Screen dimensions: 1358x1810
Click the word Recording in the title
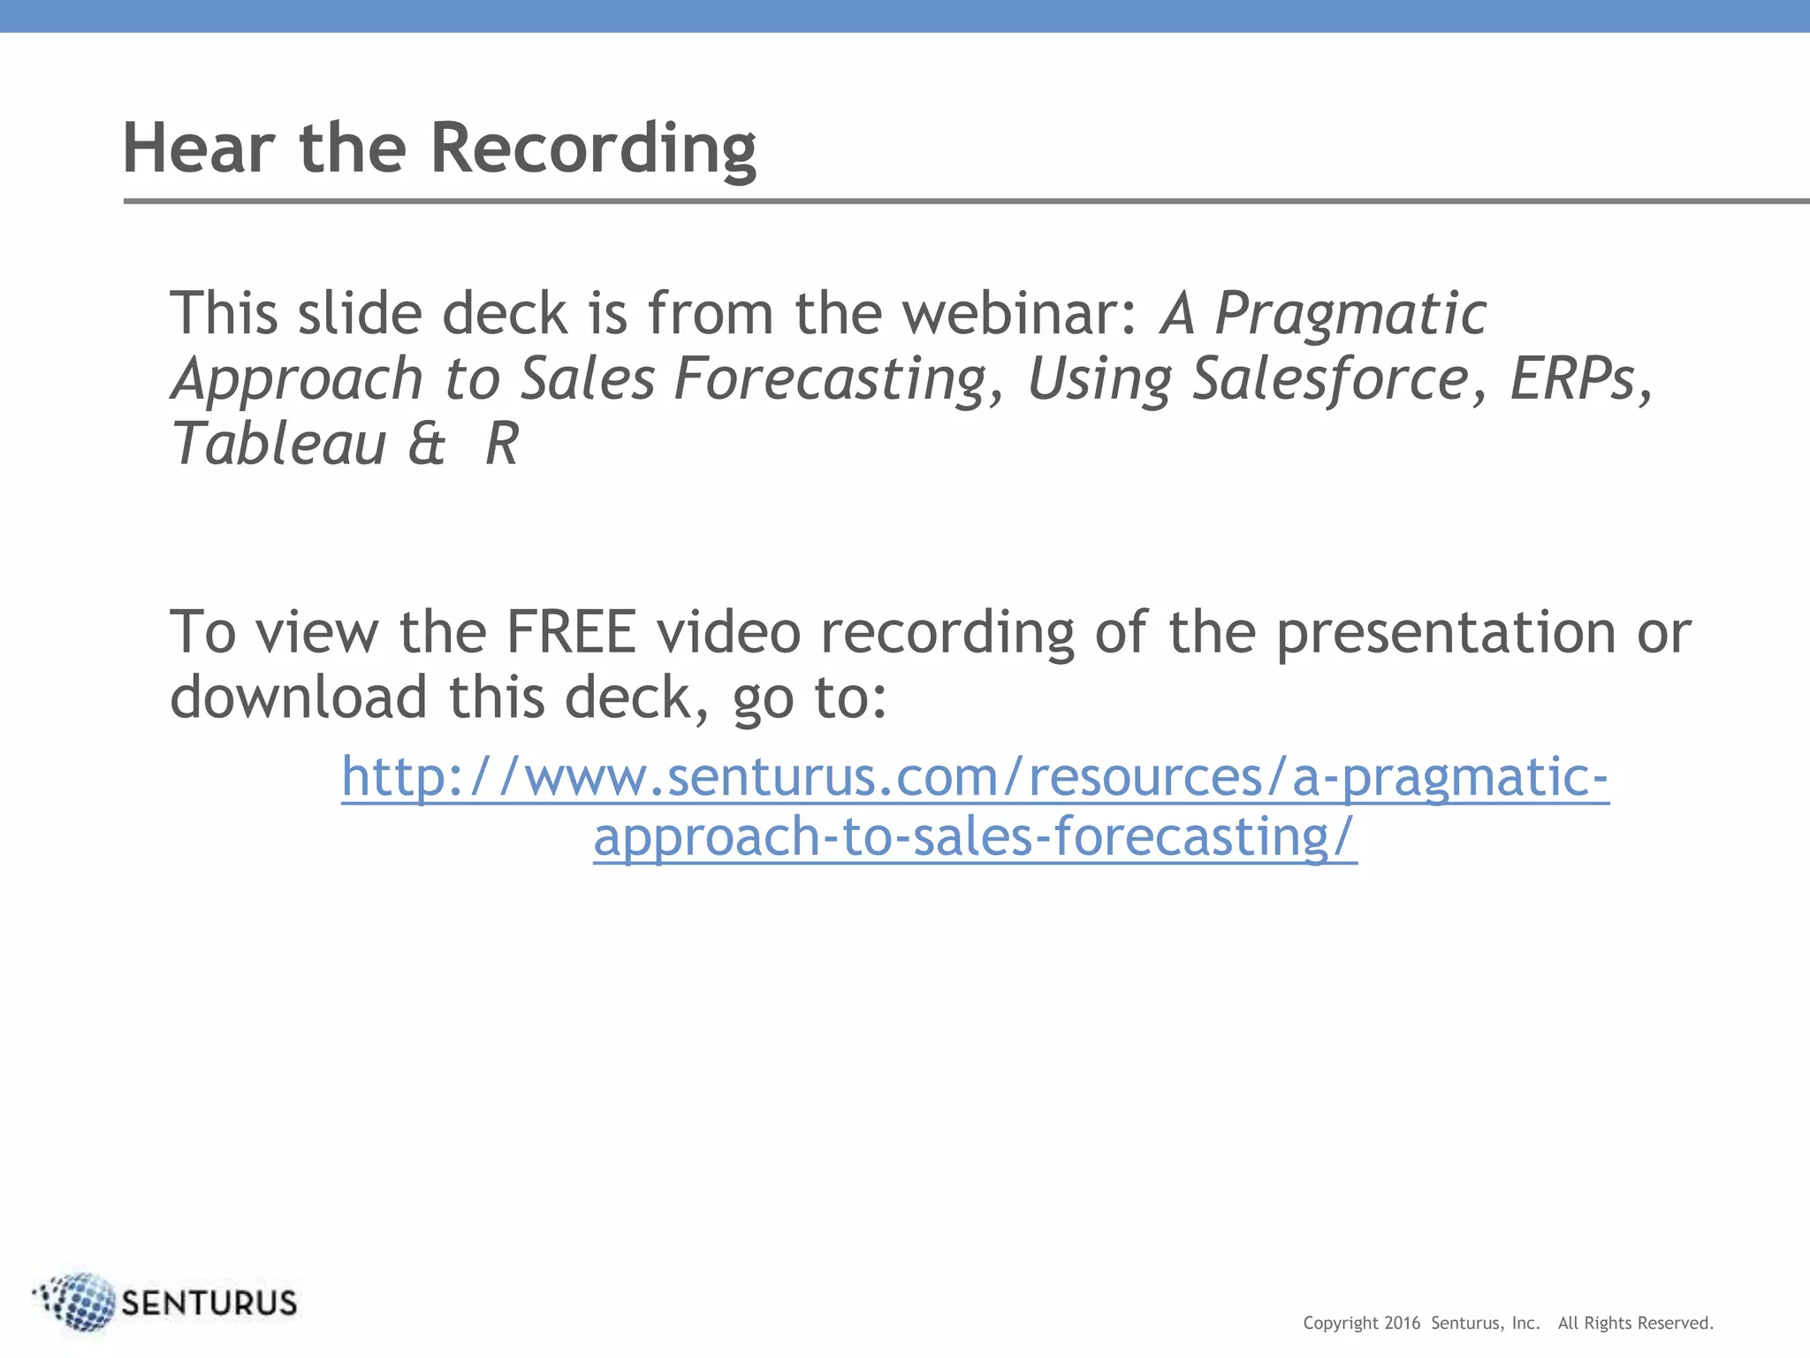coord(592,148)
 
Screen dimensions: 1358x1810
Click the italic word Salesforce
coord(1330,379)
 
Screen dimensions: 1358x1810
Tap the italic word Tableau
coord(278,444)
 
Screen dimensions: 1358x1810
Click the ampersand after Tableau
coord(427,444)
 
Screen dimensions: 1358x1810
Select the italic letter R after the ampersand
coord(502,444)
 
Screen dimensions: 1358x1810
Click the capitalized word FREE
coord(570,633)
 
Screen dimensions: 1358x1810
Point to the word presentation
coord(1445,633)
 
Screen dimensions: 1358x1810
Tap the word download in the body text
coord(299,698)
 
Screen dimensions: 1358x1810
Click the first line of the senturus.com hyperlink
coord(975,777)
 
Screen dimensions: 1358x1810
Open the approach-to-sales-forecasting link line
coord(975,837)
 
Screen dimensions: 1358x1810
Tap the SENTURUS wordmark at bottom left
coord(209,1303)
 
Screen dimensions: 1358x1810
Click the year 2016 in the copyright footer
coord(1402,1324)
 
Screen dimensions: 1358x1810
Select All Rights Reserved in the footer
coord(1635,1324)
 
